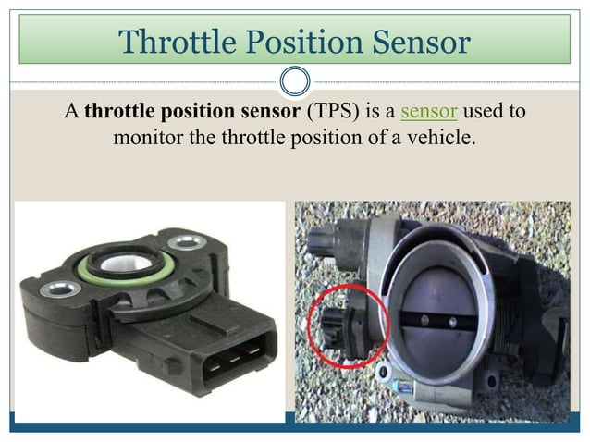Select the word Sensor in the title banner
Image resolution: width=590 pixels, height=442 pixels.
click(x=419, y=42)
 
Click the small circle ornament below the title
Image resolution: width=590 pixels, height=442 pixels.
click(x=295, y=80)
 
